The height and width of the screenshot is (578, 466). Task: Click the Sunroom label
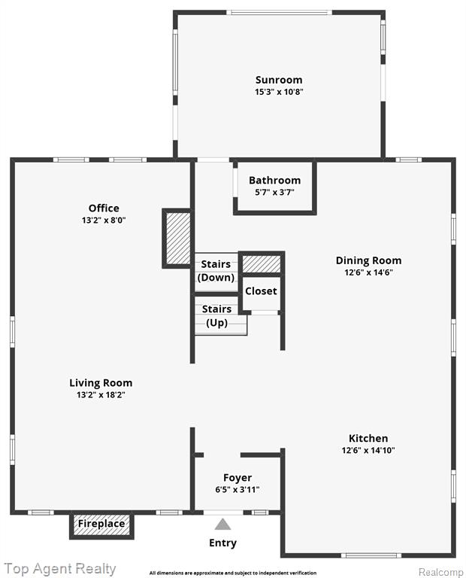click(279, 80)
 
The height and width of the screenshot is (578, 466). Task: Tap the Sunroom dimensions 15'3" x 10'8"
click(279, 92)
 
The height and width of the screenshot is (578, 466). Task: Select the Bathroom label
click(274, 181)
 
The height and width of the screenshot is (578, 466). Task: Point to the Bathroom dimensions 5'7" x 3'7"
click(274, 192)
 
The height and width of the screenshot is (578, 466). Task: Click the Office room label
click(104, 208)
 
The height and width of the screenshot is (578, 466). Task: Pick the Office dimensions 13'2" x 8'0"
click(104, 221)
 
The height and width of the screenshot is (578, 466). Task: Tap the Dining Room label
click(368, 261)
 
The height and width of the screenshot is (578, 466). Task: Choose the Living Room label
click(101, 383)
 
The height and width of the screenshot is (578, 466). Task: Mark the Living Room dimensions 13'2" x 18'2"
click(101, 395)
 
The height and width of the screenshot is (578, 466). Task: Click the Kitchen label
click(368, 438)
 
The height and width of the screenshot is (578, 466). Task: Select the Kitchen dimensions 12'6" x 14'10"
click(368, 450)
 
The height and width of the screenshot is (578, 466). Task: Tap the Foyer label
click(238, 478)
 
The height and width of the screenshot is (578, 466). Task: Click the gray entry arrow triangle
click(222, 525)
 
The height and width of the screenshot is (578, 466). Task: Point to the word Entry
click(222, 543)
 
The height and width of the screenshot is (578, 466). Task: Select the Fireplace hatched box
click(101, 525)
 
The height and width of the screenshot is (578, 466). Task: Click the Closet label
click(261, 291)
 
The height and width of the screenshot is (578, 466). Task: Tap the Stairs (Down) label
click(216, 271)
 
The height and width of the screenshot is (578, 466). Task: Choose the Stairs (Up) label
click(216, 316)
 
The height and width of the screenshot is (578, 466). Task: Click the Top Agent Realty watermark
click(60, 569)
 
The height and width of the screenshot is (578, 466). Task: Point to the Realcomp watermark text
click(441, 573)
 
